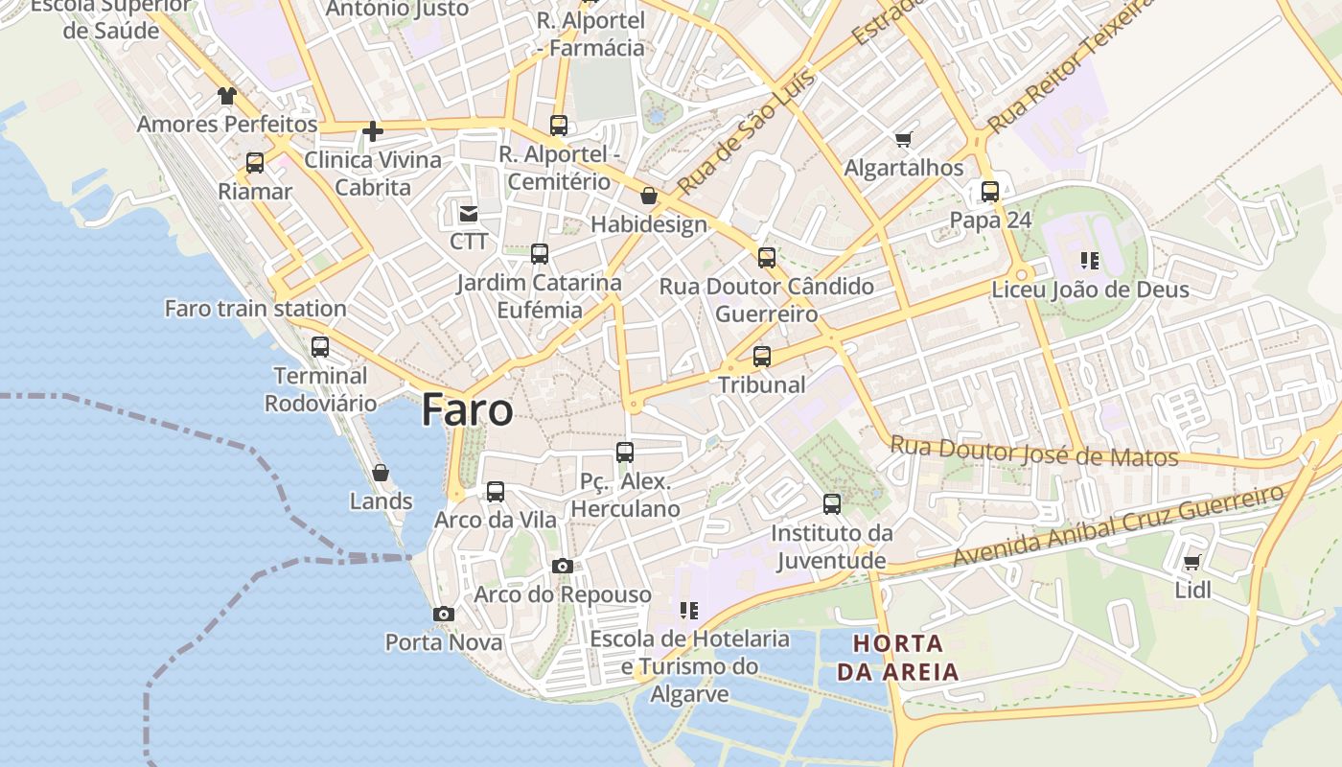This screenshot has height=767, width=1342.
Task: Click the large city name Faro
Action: (467, 409)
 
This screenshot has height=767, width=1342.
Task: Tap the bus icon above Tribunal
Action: (762, 357)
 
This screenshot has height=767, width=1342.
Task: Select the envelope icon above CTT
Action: (469, 214)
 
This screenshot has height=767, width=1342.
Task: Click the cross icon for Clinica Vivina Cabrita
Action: (373, 131)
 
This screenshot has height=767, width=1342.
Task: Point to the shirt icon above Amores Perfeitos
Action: (226, 96)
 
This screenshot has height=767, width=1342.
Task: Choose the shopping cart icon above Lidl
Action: (1192, 563)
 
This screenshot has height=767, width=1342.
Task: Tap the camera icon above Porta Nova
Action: (443, 614)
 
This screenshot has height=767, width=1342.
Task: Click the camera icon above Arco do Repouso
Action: (563, 567)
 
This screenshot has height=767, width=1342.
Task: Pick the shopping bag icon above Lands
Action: (381, 473)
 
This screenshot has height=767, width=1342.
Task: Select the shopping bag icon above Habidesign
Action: (649, 197)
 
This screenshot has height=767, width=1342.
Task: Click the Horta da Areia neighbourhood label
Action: (897, 657)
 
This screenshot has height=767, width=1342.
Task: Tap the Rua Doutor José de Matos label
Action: (1033, 451)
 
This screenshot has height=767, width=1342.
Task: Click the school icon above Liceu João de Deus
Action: (1089, 261)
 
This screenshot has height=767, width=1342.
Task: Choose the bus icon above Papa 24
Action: (990, 192)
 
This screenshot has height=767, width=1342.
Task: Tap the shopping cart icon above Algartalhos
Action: (903, 140)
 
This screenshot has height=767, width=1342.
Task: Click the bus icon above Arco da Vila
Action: (496, 492)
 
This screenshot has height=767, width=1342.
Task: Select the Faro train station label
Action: (255, 309)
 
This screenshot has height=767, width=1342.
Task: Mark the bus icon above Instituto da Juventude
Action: (832, 504)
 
